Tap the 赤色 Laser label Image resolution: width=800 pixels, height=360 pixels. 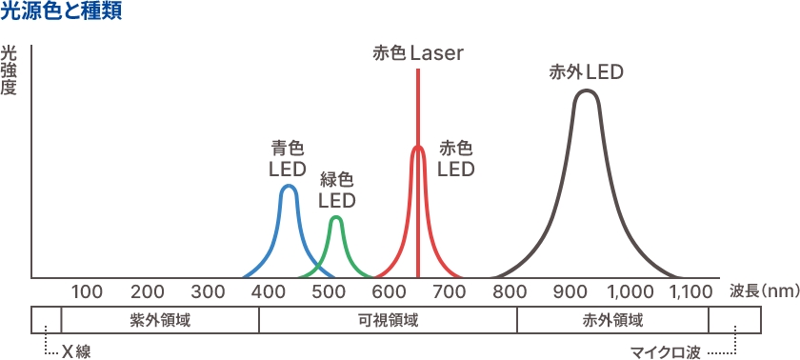click(418, 53)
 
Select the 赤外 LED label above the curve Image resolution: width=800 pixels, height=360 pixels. click(586, 71)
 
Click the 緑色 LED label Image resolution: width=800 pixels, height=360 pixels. click(336, 190)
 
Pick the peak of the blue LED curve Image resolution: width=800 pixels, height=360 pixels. click(289, 186)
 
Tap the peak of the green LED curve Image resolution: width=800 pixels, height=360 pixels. click(335, 217)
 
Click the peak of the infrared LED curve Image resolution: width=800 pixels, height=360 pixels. click(587, 90)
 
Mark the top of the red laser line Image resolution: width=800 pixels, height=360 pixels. click(418, 70)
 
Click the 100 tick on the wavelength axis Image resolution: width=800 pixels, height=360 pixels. click(87, 291)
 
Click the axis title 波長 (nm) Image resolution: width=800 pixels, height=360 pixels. click(764, 291)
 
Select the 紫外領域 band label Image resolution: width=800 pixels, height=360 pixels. click(160, 320)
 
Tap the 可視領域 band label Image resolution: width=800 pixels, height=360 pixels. click(388, 320)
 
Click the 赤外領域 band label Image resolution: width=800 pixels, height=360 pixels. click(612, 320)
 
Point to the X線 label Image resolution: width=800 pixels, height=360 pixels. click(75, 351)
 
